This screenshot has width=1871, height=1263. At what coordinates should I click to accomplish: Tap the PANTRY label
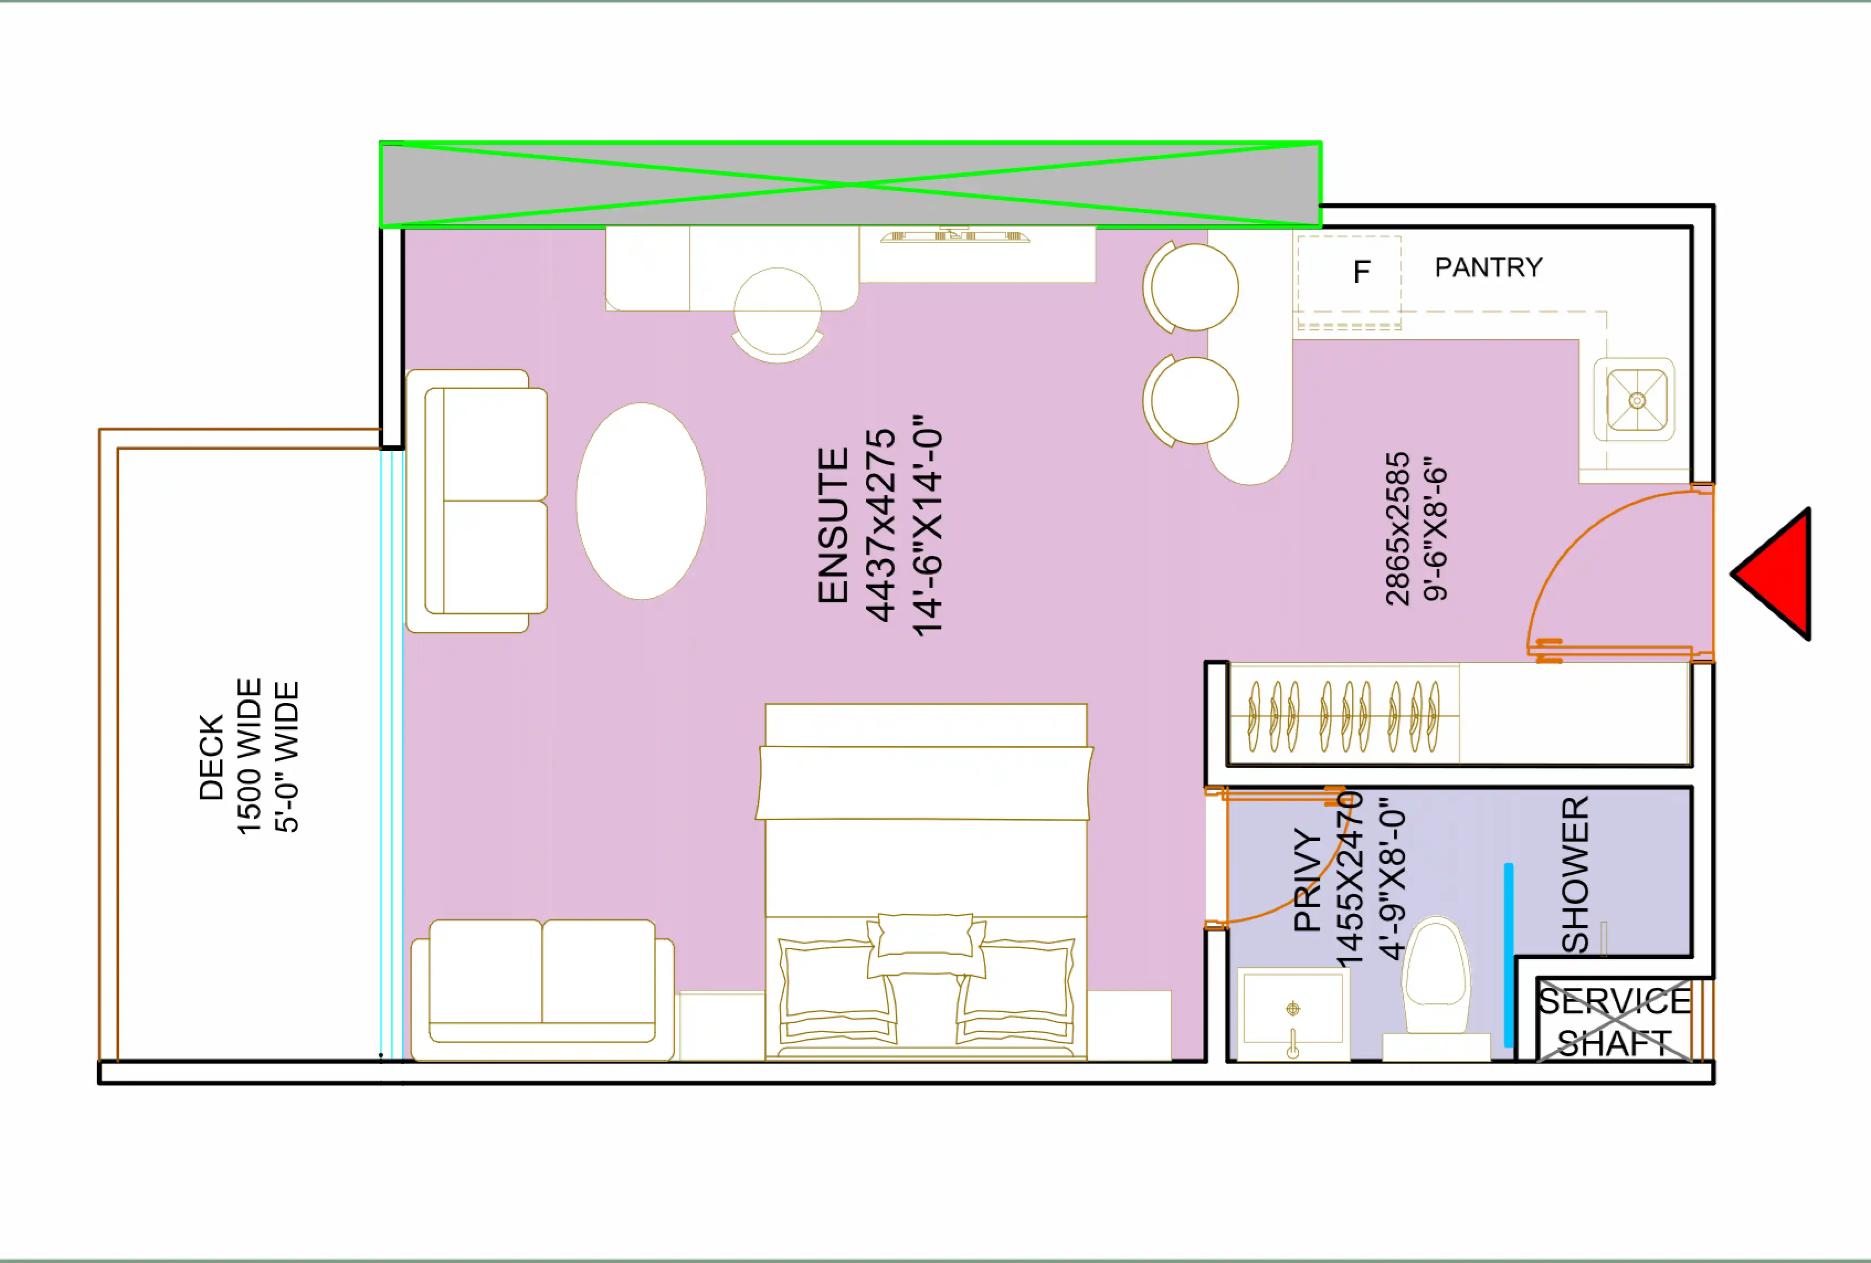1488,267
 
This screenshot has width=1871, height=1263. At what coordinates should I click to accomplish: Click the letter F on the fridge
1361,272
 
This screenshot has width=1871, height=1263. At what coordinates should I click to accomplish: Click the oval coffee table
641,501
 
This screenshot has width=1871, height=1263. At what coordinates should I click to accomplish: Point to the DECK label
211,756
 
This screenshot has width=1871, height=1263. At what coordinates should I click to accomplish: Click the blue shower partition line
1508,955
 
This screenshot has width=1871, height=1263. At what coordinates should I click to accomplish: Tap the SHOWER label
1576,874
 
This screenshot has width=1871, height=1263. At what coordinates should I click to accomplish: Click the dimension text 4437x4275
881,525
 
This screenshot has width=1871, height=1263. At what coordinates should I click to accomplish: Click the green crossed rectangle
849,185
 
